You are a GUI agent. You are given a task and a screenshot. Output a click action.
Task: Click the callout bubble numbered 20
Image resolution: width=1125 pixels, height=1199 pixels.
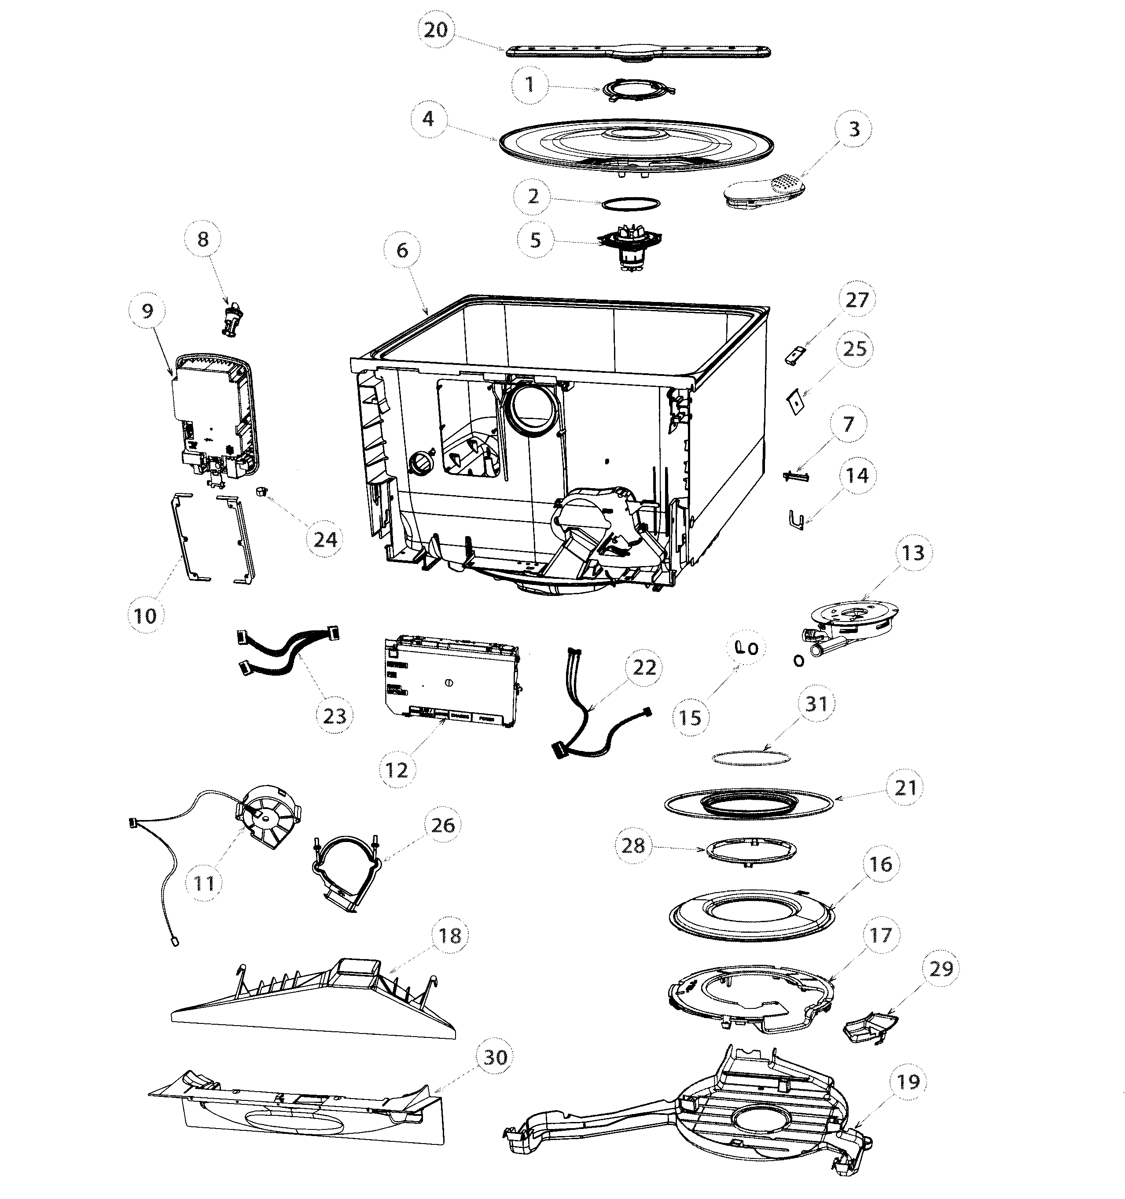click(x=436, y=29)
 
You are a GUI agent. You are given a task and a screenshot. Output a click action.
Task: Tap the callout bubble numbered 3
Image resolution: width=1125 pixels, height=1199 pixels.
click(x=853, y=129)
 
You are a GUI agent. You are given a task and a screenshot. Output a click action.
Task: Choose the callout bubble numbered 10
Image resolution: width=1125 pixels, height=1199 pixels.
click(x=145, y=615)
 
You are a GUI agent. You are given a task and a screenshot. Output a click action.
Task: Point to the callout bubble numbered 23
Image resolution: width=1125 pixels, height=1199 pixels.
click(x=335, y=715)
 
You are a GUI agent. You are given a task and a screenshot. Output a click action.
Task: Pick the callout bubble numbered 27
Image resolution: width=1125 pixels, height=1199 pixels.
click(x=857, y=300)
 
